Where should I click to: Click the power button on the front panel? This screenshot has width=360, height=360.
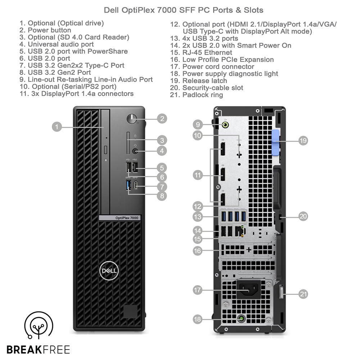click(x=132, y=119)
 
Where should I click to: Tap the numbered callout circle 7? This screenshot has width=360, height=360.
click(x=162, y=186)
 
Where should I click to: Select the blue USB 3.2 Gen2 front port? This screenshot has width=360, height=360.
click(x=129, y=185)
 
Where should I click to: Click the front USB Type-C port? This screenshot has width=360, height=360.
click(x=136, y=185)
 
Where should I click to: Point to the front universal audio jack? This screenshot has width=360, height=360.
click(x=135, y=151)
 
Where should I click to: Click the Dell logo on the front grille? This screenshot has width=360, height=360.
click(x=109, y=271)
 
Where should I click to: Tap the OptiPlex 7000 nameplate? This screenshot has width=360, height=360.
click(x=120, y=218)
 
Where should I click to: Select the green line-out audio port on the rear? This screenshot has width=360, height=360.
click(x=225, y=125)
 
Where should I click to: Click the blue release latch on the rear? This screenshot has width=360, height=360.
click(x=276, y=143)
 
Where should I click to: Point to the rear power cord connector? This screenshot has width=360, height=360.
click(x=249, y=289)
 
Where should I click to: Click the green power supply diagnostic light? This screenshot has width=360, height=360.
click(x=241, y=319)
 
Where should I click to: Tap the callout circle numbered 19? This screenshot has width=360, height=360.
click(x=303, y=140)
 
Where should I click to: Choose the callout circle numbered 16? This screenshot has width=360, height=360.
click(x=197, y=251)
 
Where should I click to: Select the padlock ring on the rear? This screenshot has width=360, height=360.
click(x=282, y=292)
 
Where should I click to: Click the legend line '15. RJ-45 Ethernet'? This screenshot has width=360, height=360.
click(x=201, y=53)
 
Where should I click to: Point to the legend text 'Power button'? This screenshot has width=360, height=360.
click(x=49, y=30)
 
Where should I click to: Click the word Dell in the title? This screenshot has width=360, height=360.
click(x=111, y=10)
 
